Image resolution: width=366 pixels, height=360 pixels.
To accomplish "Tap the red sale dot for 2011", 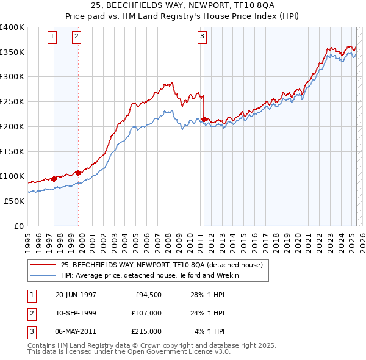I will coord(204,119).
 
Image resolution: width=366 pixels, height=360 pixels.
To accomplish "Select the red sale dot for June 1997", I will coord(54,179).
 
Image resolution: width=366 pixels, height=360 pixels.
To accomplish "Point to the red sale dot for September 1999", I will coord(79,173).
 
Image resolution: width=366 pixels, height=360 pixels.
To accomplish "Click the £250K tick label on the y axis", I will coord(12,102).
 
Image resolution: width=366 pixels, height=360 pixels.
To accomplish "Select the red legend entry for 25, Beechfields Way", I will coord(162,265).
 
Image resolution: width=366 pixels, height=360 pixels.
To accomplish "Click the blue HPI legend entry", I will coord(149,275).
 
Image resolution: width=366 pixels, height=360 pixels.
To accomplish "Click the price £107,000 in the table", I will coord(146,314).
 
